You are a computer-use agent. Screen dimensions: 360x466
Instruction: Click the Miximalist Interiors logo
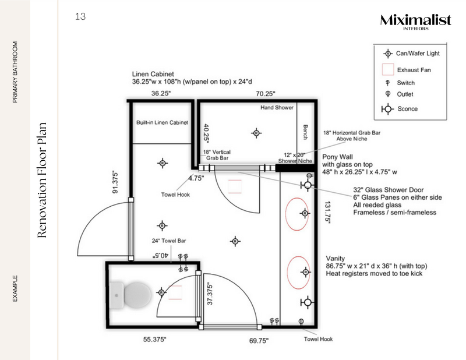pyautogui.click(x=415, y=22)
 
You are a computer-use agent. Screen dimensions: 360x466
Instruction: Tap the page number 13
pyautogui.click(x=80, y=16)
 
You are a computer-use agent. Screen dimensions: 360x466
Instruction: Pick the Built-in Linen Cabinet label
pyautogui.click(x=162, y=123)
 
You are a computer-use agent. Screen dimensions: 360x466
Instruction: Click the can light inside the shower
pyautogui.click(x=255, y=132)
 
